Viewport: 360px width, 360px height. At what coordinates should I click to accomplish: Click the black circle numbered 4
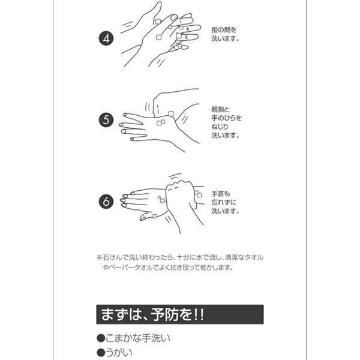click(x=106, y=38)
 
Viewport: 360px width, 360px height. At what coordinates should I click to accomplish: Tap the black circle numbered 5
click(x=106, y=120)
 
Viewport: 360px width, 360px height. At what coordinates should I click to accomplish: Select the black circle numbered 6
click(x=106, y=202)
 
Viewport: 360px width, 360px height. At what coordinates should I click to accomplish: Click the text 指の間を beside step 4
click(x=224, y=30)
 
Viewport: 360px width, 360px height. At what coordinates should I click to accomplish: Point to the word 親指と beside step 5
click(x=220, y=109)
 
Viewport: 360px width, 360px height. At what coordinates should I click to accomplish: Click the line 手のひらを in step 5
click(x=227, y=118)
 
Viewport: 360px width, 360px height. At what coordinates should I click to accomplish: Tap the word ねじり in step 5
click(x=220, y=127)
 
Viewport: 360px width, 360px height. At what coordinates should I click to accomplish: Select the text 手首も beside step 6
click(x=221, y=194)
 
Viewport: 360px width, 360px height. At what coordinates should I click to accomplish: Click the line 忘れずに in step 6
click(x=224, y=202)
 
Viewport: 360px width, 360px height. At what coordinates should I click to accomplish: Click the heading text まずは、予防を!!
click(x=152, y=314)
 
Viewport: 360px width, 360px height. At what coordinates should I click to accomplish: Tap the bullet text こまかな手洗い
click(x=138, y=338)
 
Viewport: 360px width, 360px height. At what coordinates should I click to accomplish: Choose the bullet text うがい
click(x=119, y=353)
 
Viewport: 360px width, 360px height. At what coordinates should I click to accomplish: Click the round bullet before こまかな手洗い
click(x=101, y=338)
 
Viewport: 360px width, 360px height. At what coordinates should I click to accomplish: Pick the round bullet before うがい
click(x=101, y=353)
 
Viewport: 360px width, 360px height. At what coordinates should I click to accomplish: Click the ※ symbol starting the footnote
click(x=99, y=257)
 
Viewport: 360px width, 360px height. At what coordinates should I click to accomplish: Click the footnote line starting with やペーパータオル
click(x=168, y=268)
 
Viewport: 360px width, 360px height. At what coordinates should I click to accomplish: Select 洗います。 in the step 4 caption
click(x=225, y=38)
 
